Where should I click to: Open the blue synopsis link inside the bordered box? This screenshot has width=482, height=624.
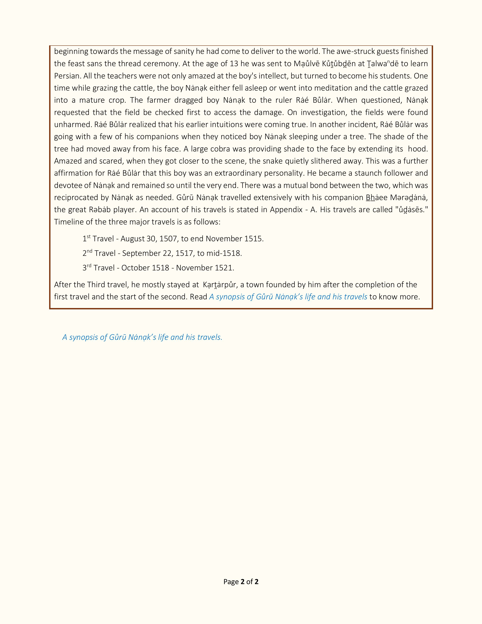(288, 297)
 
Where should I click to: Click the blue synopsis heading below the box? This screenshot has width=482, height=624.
(142, 337)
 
